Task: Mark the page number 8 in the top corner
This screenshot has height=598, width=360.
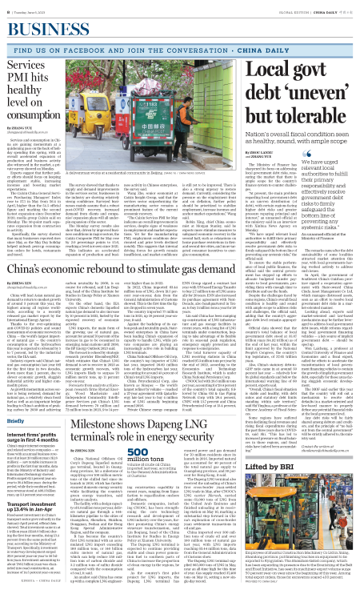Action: [x=6, y=4]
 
